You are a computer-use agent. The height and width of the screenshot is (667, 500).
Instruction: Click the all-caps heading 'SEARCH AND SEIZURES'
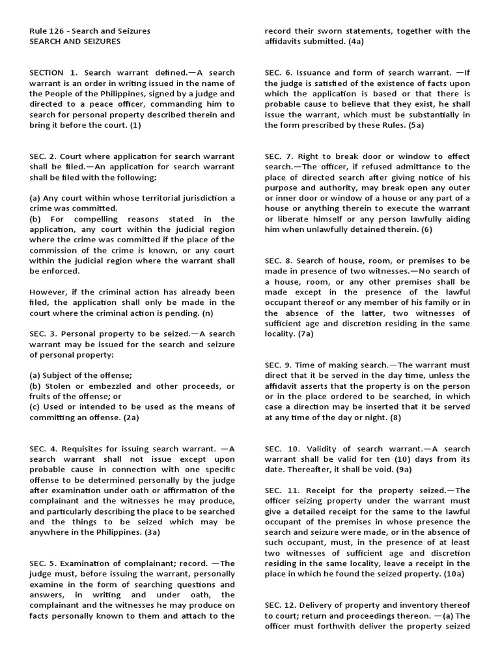pyautogui.click(x=75, y=41)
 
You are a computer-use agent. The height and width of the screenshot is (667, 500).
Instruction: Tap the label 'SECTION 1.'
pyautogui.click(x=54, y=72)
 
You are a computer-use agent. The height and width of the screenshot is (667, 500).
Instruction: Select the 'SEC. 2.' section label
pyautogui.click(x=44, y=156)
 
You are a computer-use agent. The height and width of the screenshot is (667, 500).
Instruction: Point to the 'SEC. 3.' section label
pyautogui.click(x=44, y=334)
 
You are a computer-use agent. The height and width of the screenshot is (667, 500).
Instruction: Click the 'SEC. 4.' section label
pyautogui.click(x=44, y=449)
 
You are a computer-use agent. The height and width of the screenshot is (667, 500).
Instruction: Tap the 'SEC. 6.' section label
pyautogui.click(x=279, y=72)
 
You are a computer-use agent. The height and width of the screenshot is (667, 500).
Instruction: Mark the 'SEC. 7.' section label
pyautogui.click(x=279, y=156)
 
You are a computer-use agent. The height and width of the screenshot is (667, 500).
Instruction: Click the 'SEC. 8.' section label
pyautogui.click(x=279, y=261)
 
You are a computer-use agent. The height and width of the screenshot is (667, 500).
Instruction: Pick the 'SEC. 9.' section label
pyautogui.click(x=279, y=365)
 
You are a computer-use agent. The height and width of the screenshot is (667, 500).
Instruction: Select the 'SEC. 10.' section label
pyautogui.click(x=281, y=449)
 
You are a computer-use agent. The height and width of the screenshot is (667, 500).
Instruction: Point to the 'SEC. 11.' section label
pyautogui.click(x=281, y=490)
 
